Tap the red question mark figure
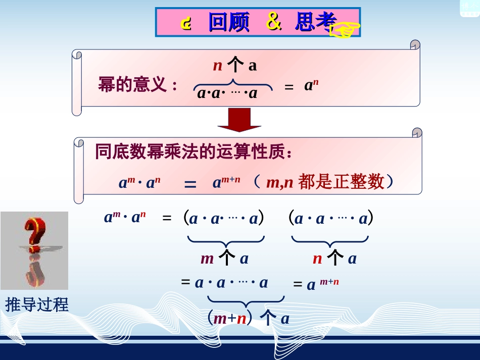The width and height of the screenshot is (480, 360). click(x=34, y=250)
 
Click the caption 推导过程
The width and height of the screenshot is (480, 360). click(x=36, y=304)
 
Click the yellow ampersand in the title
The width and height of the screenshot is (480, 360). click(x=273, y=23)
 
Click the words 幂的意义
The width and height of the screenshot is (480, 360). click(x=132, y=84)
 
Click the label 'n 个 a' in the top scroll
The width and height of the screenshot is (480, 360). click(x=234, y=65)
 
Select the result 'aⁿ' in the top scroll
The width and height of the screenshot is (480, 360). click(x=311, y=85)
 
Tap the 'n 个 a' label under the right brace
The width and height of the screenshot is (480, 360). click(x=334, y=259)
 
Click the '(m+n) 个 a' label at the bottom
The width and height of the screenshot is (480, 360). click(x=249, y=319)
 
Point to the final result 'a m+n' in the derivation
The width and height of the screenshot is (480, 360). click(x=322, y=284)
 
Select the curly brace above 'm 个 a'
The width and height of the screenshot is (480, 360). click(x=225, y=241)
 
